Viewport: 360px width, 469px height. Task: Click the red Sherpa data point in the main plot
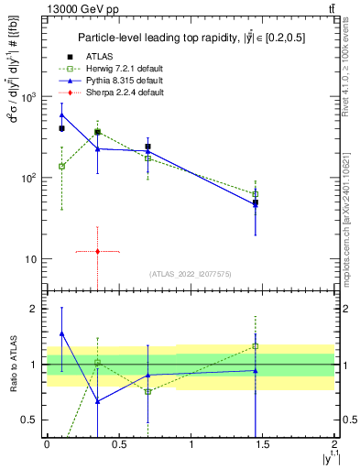coord(97,251)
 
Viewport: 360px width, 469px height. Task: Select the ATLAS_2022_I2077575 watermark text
coord(191,274)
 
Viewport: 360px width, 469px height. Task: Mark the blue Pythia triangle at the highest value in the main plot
coord(61,115)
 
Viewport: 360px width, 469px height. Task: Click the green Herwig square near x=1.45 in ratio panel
coord(256,346)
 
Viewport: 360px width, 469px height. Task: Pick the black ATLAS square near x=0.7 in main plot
coord(147,147)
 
